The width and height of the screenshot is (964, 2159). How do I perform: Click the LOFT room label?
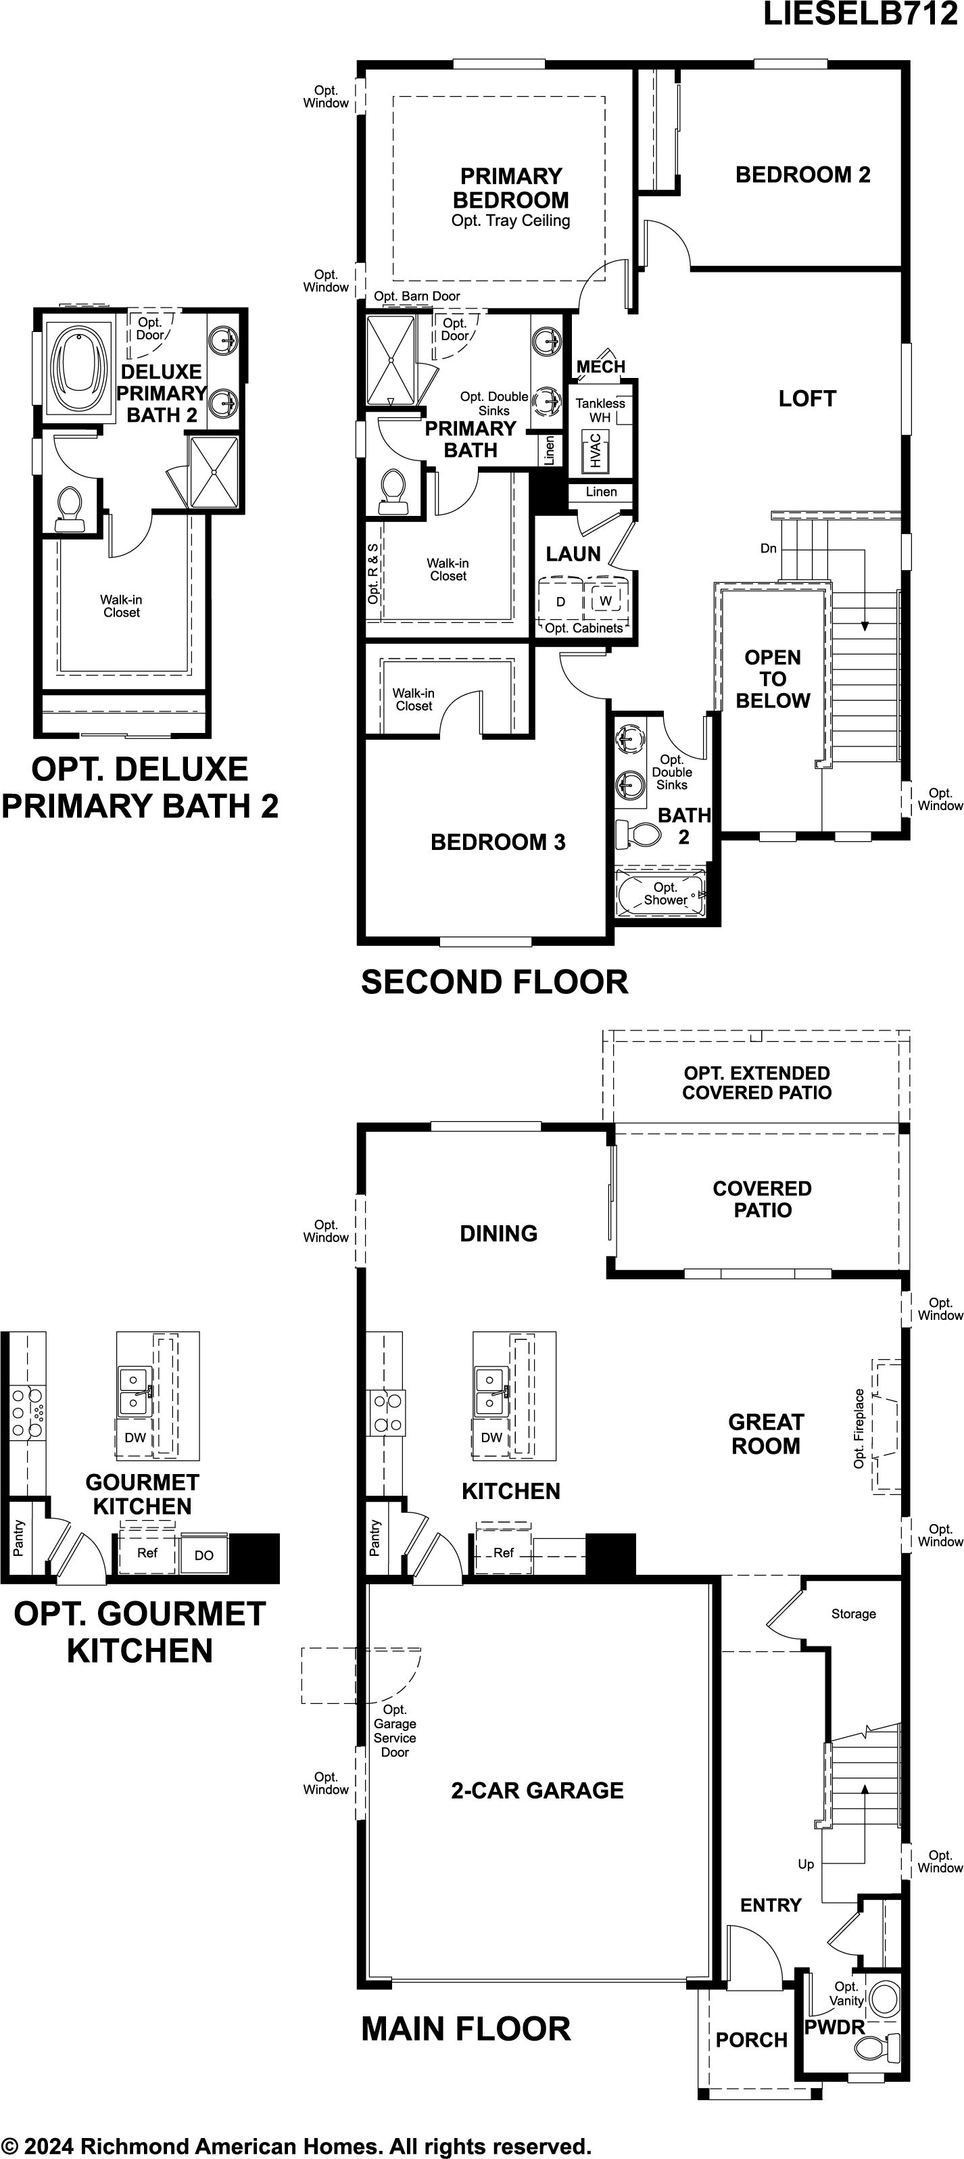pos(807,399)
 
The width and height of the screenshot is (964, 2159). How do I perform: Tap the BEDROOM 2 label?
pos(803,174)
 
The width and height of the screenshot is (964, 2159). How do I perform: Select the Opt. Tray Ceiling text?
pos(510,220)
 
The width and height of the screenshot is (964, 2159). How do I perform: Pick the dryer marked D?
pos(560,601)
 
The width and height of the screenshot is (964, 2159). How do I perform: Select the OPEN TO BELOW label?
pos(773,679)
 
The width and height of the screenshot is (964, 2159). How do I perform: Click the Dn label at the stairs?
pos(769,548)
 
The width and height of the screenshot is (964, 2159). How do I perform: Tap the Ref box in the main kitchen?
pos(503,1552)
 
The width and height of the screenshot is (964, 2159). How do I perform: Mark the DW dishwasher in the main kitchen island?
pos(492,1438)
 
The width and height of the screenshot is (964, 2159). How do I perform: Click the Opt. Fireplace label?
pos(859,1428)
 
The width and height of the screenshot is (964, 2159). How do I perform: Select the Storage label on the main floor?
pos(853,1613)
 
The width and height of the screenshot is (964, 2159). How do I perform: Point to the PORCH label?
pos(751,2040)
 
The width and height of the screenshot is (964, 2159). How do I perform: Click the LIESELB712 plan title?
pos(860,14)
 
